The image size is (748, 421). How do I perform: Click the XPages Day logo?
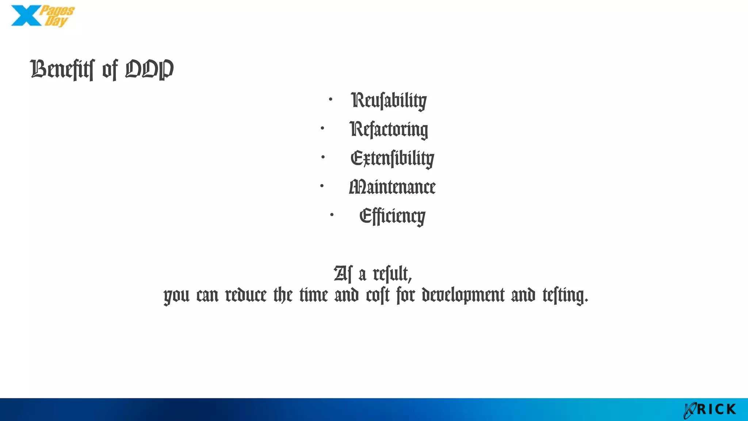point(42,16)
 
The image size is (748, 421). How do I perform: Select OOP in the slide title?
point(149,69)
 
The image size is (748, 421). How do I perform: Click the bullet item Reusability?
point(389,100)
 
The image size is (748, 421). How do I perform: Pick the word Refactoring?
point(389,129)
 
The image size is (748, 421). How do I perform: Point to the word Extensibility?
point(392,158)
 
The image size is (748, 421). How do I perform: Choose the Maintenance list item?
point(392,187)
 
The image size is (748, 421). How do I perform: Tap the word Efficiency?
point(392,216)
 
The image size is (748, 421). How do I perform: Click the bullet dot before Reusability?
point(331,99)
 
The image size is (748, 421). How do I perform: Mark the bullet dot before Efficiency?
point(332,215)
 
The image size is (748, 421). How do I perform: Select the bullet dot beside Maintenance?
point(322,186)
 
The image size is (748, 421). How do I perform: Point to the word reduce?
point(246,295)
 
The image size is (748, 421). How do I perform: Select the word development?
point(463,295)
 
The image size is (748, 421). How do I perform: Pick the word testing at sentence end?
point(565,295)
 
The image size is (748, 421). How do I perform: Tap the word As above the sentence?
point(343,274)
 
